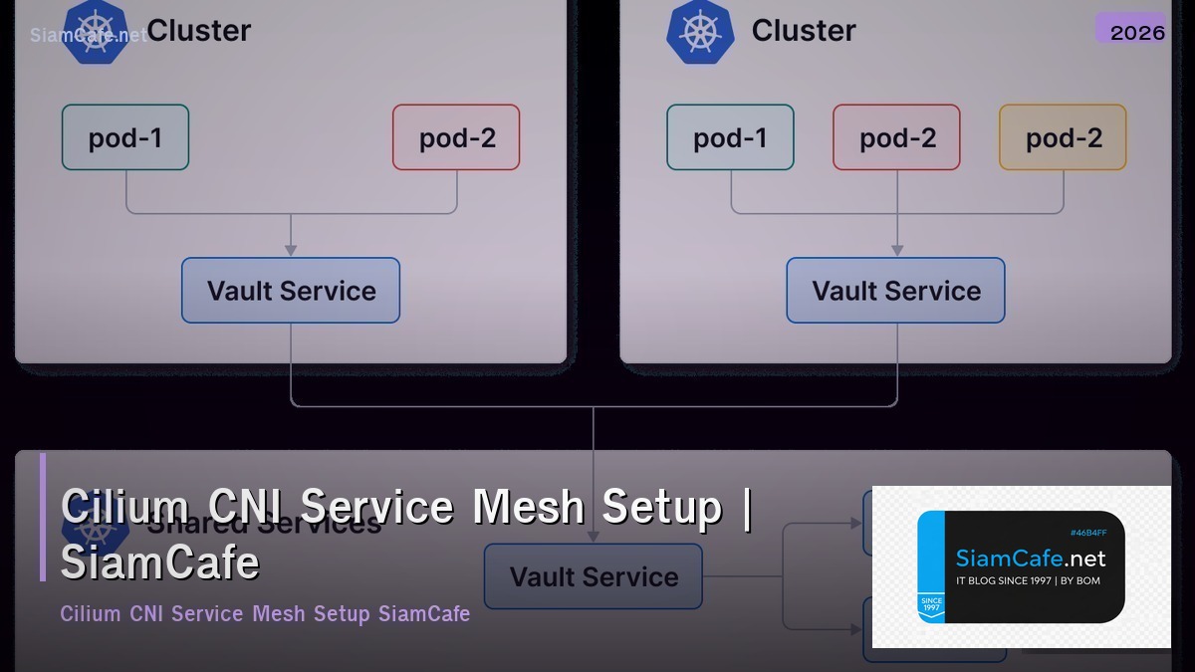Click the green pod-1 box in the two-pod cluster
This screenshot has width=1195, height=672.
125,137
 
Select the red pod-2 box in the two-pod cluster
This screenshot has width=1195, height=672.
456,137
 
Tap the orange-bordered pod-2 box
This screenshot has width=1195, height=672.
1063,137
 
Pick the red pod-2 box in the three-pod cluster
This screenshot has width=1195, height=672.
896,137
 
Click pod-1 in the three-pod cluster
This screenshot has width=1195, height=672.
730,137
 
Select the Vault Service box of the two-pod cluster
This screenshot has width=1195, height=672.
291,291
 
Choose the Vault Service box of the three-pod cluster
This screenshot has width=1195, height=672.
895,291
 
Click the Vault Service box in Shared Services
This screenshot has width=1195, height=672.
594,576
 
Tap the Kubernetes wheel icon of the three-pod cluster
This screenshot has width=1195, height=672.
699,31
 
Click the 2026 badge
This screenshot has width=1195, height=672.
1136,31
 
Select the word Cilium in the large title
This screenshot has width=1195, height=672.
125,506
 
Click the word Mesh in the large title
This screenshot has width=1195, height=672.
528,506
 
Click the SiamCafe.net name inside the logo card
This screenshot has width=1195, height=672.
1030,559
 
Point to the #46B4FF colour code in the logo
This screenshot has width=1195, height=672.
1088,533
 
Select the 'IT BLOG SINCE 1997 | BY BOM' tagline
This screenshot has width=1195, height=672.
1028,580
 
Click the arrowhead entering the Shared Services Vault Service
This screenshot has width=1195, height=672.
594,536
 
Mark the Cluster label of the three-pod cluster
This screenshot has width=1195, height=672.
803,31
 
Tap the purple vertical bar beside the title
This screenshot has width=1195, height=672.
43,517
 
